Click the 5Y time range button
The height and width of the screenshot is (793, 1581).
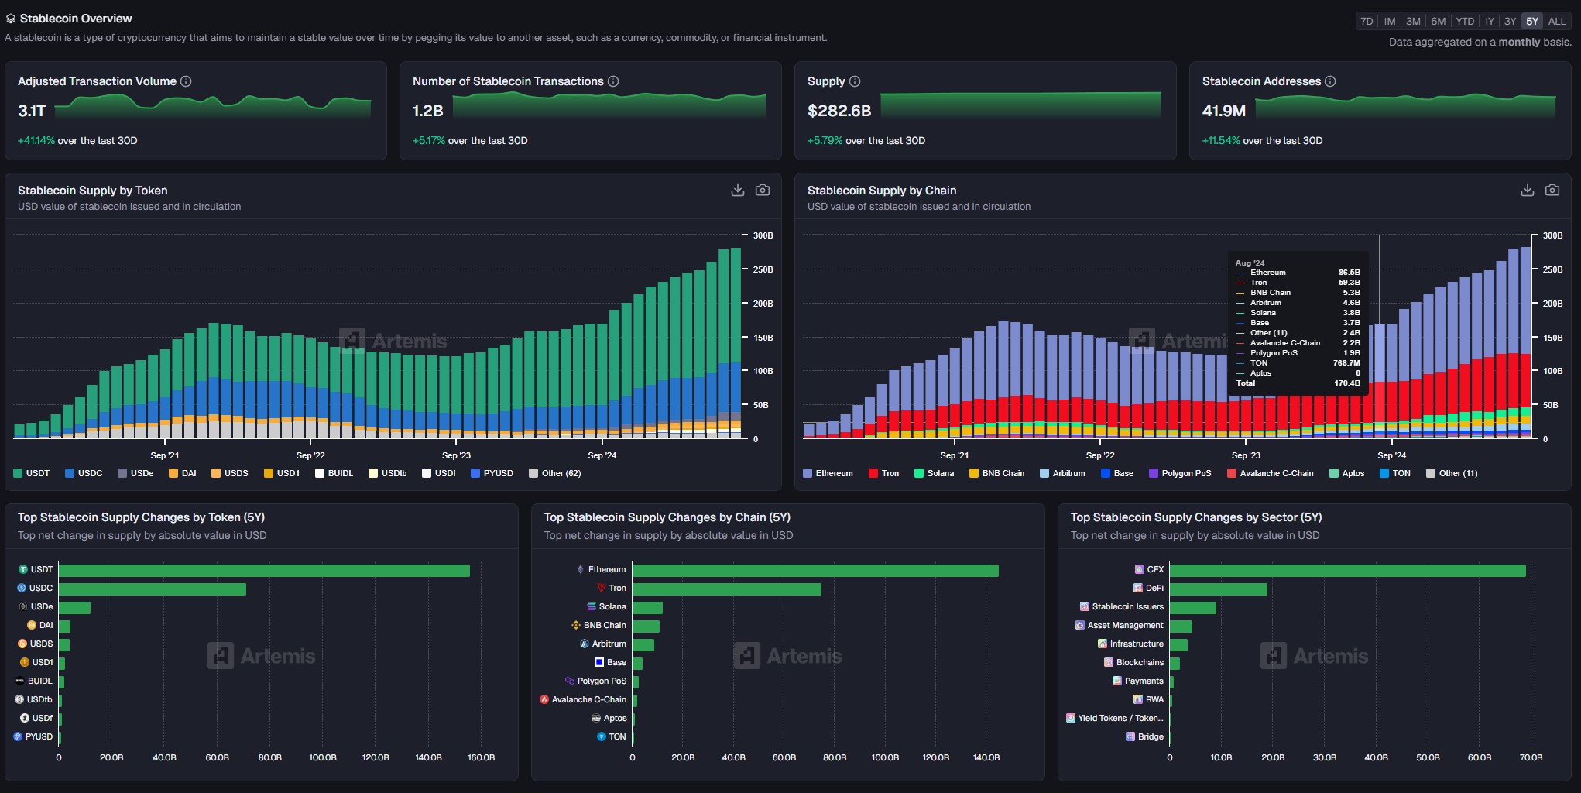coord(1532,22)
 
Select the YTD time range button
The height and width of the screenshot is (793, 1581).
coord(1465,22)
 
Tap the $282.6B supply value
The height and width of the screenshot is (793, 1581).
coord(839,111)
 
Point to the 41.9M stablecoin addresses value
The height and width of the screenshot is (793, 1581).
coord(1224,111)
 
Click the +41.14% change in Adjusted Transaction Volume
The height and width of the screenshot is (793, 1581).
coord(36,141)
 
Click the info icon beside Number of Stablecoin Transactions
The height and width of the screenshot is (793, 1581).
coord(613,81)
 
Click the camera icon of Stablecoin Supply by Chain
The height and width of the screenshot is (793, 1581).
coord(1552,191)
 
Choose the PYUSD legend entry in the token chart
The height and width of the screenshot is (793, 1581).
coord(492,473)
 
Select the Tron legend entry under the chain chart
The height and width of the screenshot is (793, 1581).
coord(884,473)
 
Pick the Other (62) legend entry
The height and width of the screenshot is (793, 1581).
coord(555,473)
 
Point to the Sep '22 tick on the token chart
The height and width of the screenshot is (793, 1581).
coord(310,455)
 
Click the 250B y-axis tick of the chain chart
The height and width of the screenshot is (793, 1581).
coord(1552,269)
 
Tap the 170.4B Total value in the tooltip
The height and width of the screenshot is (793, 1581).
coord(1347,383)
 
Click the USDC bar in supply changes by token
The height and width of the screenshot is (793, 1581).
coord(153,589)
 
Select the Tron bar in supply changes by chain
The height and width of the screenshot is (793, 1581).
coord(726,589)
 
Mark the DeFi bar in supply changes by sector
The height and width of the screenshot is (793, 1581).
coord(1218,589)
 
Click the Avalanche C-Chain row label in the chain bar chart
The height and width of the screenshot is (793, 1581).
coord(588,700)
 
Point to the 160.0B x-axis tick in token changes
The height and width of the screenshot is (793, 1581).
coord(482,757)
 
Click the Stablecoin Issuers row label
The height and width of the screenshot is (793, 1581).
coord(1127,607)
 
